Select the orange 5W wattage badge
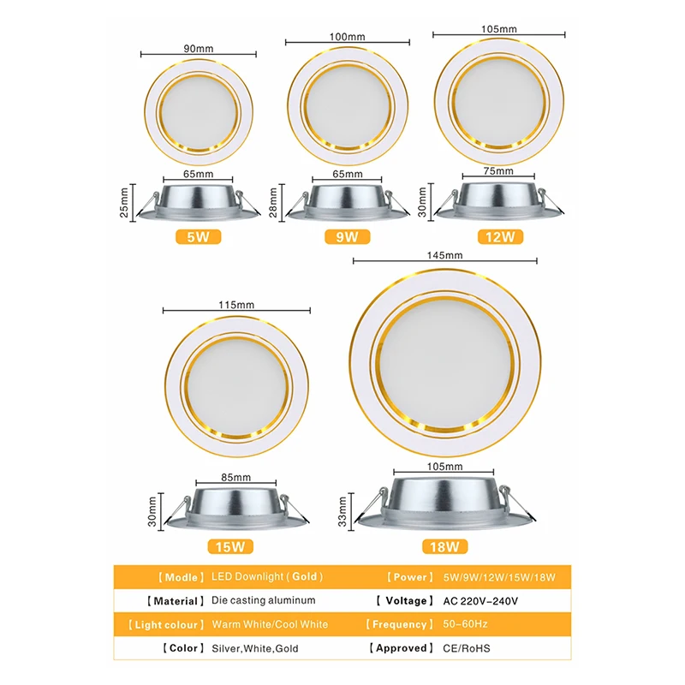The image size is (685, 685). tap(199, 235)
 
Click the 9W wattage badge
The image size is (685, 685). tap(347, 236)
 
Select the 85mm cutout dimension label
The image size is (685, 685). tap(235, 477)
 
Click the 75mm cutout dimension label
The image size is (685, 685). tap(499, 171)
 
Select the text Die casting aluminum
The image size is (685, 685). tap(263, 601)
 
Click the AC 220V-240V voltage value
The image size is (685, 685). tap(480, 601)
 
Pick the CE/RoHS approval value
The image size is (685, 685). tap(467, 648)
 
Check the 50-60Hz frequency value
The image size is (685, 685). tap(465, 624)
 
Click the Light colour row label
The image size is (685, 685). tap(165, 624)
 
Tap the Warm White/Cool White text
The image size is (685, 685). tap(269, 624)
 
